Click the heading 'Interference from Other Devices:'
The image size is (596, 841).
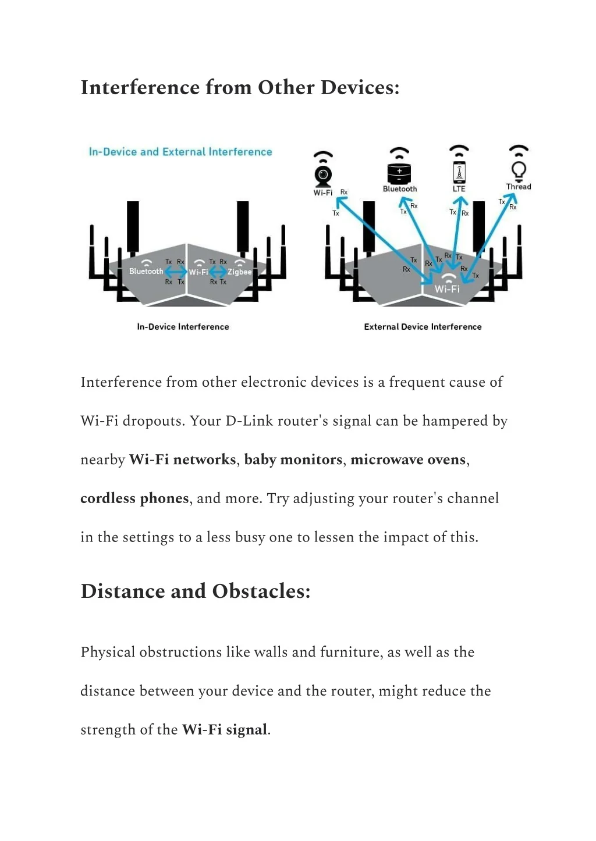[240, 87]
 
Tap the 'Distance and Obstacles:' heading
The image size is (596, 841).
[196, 591]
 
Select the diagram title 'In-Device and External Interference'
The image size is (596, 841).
[180, 152]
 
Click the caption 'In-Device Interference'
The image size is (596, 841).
[183, 327]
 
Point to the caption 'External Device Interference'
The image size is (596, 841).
[423, 327]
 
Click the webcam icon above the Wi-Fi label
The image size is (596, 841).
[323, 174]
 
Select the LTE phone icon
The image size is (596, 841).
[459, 172]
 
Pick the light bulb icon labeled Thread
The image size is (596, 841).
[518, 170]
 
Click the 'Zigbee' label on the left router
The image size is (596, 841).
[240, 272]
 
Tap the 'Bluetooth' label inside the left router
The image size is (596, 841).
[146, 272]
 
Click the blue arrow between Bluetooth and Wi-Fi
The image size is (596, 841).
[176, 272]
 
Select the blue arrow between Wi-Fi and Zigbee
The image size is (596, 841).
[218, 272]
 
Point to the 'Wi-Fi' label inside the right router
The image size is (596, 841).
[447, 288]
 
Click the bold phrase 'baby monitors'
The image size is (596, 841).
[293, 459]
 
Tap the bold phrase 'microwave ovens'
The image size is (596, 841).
[408, 459]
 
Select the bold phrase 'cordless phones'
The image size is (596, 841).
[134, 498]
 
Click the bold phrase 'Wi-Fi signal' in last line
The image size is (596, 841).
[225, 729]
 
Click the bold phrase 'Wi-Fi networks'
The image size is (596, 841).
[182, 459]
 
